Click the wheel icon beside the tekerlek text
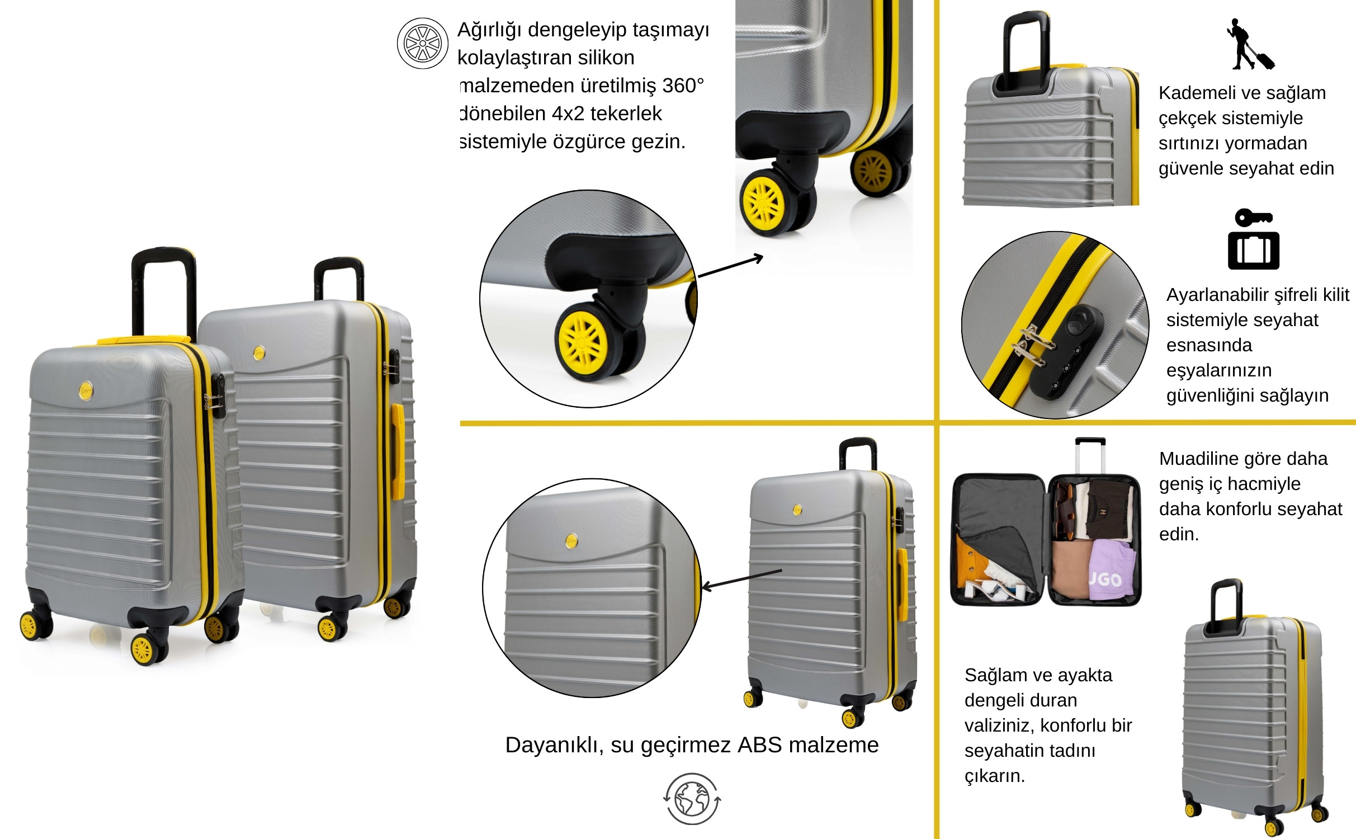pos(422,43)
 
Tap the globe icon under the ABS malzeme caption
pos(692,799)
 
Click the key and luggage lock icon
pos(1254,239)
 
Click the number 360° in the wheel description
pos(683,86)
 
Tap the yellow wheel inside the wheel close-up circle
pos(583,340)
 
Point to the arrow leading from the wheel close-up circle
pos(730,266)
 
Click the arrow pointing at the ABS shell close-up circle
pos(741,579)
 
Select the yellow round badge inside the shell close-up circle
pos(571,541)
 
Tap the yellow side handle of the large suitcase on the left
pos(397,451)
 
